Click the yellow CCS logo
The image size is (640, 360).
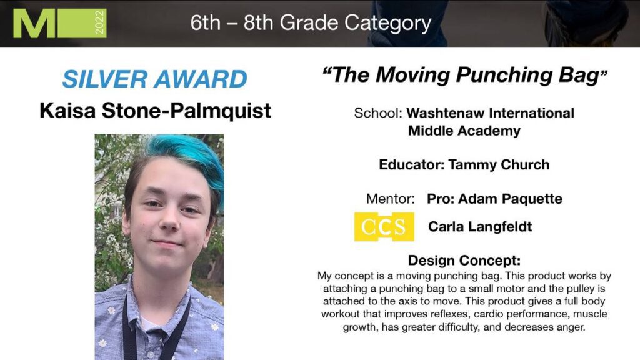[x=384, y=226]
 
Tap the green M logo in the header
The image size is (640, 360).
[x=34, y=23]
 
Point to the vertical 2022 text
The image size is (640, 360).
[x=99, y=23]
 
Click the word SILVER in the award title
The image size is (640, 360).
[x=104, y=79]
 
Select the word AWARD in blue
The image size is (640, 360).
[x=201, y=79]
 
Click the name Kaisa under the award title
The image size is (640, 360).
[x=67, y=111]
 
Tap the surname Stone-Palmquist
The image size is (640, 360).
[x=186, y=111]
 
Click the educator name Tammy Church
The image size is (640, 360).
[x=499, y=164]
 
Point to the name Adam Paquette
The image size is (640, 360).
[x=510, y=199]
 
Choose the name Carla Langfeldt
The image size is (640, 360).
[x=480, y=226]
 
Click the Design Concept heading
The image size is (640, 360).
[x=464, y=261]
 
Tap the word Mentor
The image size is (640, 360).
[x=390, y=199]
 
